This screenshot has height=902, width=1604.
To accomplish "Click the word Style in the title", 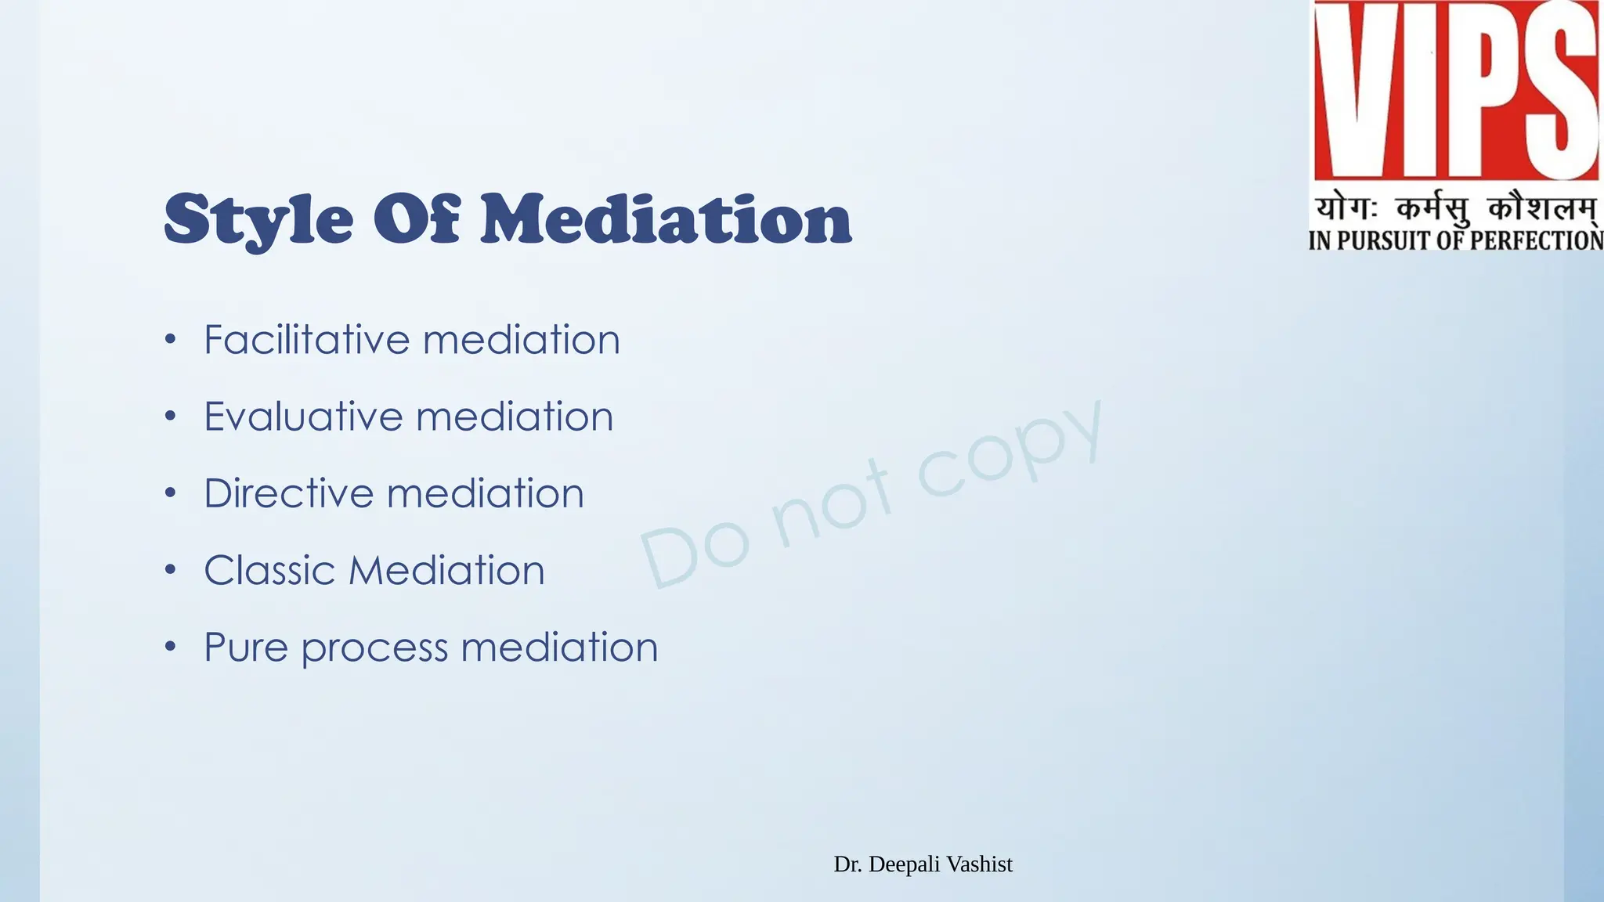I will point(258,220).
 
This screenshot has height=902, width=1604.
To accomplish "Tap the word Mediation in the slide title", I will point(666,220).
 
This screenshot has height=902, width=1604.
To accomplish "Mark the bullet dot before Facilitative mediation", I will point(171,341).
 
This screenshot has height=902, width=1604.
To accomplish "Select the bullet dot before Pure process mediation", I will point(171,648).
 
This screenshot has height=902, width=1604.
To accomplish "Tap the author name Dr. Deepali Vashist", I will point(923,864).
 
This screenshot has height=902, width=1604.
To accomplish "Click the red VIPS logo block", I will point(1455,90).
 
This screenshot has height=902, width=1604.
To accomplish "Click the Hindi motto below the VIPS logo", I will point(1455,209).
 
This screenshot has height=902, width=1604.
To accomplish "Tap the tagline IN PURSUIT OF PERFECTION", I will point(1455,240).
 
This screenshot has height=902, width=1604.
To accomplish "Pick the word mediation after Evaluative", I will point(515,417).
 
